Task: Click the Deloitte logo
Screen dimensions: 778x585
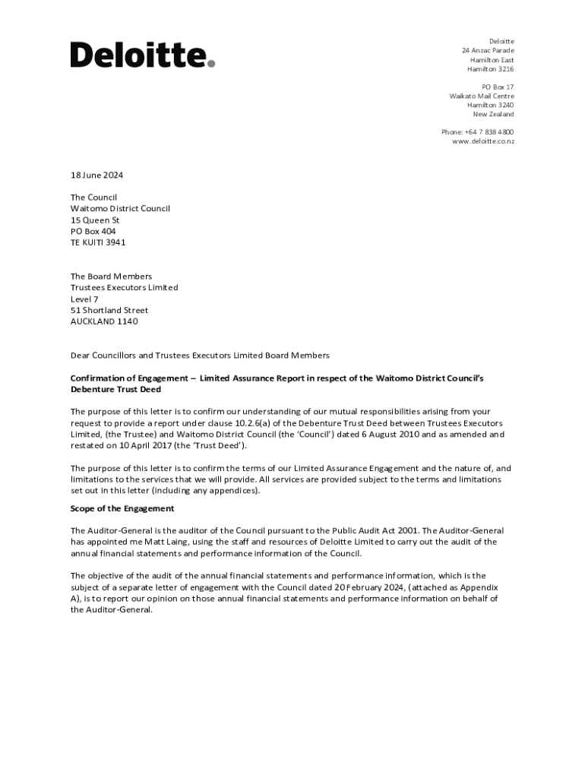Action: pos(143,55)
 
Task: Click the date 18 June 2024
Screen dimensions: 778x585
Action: pos(96,176)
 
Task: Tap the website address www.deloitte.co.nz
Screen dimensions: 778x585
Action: pos(483,141)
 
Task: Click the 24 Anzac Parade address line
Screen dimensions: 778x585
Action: pos(488,50)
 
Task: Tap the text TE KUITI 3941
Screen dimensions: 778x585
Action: pos(98,242)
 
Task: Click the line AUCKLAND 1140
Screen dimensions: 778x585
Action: pos(104,321)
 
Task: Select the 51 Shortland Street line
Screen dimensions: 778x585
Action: pos(109,310)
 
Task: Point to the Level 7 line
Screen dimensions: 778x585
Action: pos(84,299)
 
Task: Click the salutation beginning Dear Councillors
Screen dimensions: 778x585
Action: pos(200,355)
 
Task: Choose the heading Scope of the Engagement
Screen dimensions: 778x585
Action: pos(122,508)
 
